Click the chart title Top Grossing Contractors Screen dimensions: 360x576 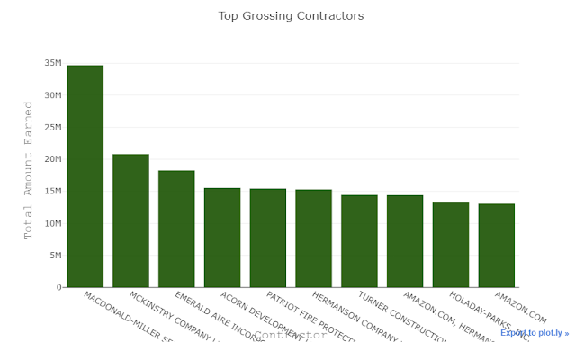click(291, 16)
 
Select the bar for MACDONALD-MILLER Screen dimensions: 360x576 click(85, 176)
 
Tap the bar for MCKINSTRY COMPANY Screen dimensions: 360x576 click(130, 220)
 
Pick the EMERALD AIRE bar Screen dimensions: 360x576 click(176, 229)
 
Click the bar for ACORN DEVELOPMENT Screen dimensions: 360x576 click(222, 238)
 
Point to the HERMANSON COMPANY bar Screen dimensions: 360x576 click(313, 238)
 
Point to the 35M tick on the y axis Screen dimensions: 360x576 click(51, 63)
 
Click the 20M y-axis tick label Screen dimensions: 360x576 click(51, 159)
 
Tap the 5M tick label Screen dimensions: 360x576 click(54, 256)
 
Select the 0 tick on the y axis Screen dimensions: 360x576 click(58, 287)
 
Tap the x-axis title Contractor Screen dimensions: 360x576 click(290, 335)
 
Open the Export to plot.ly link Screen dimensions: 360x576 click(535, 333)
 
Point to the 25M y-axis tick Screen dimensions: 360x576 click(51, 127)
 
